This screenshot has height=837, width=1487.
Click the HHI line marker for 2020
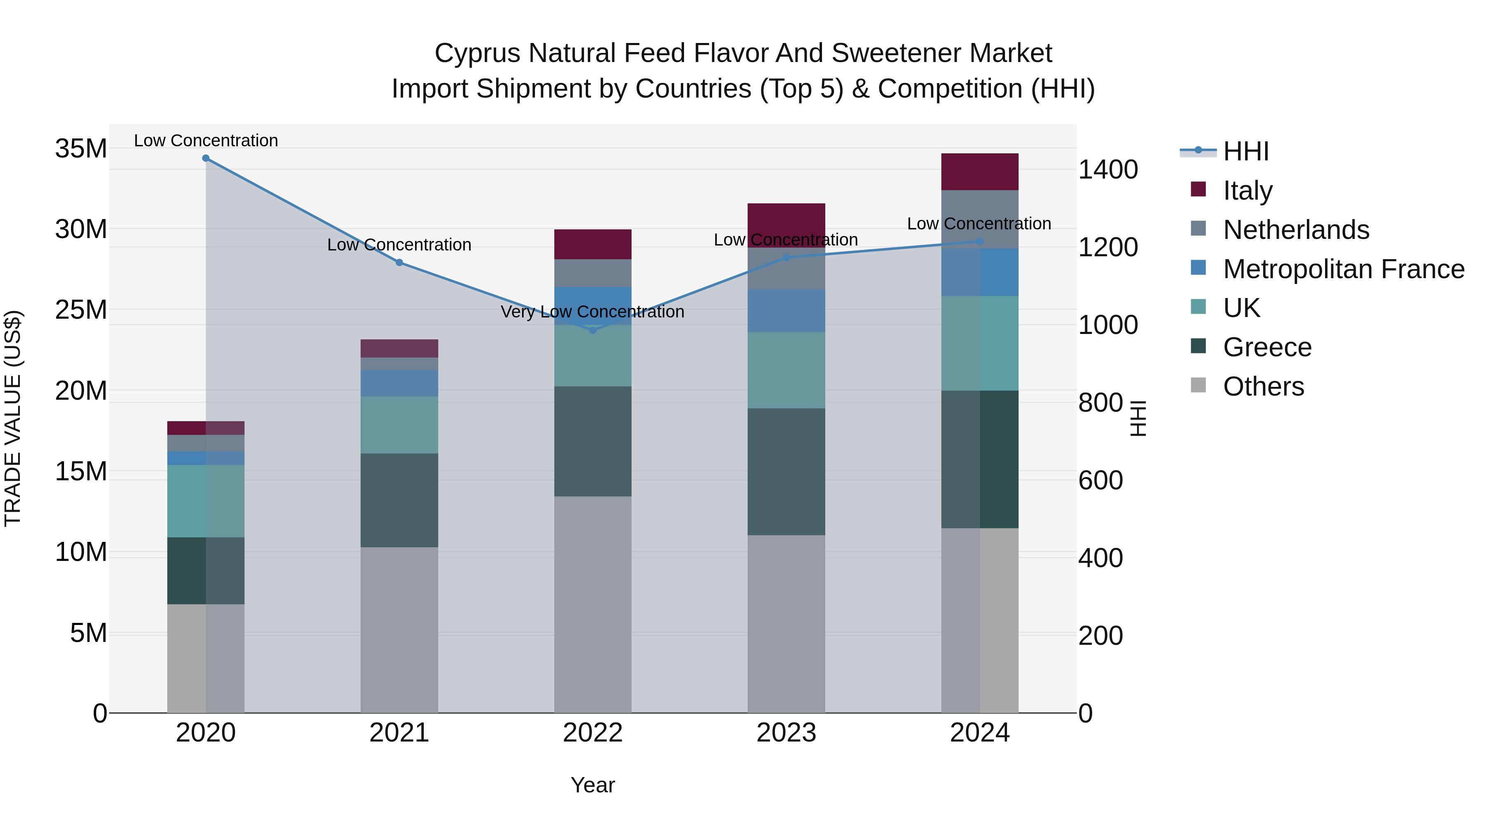click(x=206, y=158)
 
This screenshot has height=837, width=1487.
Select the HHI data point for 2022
click(x=592, y=330)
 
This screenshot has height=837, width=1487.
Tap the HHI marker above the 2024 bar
click(x=980, y=241)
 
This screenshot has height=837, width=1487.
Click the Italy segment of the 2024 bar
click(x=980, y=172)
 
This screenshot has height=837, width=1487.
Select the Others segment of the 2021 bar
click(x=399, y=630)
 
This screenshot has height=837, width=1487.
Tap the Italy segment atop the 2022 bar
click(x=592, y=244)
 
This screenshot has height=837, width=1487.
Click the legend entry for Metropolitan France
click(x=1343, y=269)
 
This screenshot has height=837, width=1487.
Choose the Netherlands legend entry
click(x=1296, y=230)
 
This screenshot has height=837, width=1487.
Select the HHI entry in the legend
click(x=1246, y=151)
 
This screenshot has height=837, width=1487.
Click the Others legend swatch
click(x=1198, y=385)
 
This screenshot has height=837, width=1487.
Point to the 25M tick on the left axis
click(x=81, y=310)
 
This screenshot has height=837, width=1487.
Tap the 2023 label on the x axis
click(x=786, y=733)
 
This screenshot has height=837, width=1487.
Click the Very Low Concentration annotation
click(x=592, y=312)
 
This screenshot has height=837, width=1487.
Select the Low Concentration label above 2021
click(x=399, y=245)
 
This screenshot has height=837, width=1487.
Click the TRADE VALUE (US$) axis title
click(x=13, y=418)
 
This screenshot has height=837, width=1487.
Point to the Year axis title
click(x=592, y=785)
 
